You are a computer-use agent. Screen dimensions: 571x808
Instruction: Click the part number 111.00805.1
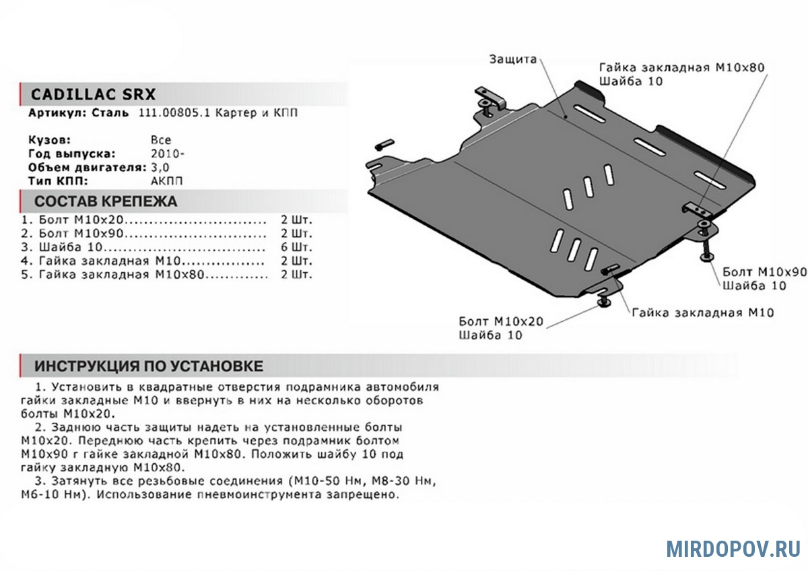pyautogui.click(x=174, y=113)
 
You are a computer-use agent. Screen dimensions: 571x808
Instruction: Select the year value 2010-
pyautogui.click(x=165, y=153)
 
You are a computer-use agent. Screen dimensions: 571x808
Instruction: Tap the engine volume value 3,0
pyautogui.click(x=161, y=166)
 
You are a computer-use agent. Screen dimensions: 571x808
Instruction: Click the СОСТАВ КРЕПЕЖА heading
pyautogui.click(x=106, y=201)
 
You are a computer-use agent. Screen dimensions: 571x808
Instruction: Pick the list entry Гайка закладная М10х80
pyautogui.click(x=121, y=274)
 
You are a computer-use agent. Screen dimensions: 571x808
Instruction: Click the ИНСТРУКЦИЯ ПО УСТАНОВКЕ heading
pyautogui.click(x=149, y=366)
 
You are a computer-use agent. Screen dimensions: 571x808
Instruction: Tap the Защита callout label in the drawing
pyautogui.click(x=513, y=59)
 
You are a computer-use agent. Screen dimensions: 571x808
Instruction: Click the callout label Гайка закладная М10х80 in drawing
pyautogui.click(x=682, y=68)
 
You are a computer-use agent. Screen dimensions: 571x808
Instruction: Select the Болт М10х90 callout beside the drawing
pyautogui.click(x=764, y=272)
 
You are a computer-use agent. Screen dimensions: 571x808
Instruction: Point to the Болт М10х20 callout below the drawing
pyautogui.click(x=501, y=321)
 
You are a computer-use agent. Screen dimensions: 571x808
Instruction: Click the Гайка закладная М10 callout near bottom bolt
pyautogui.click(x=703, y=312)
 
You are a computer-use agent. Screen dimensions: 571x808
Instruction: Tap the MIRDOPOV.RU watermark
pyautogui.click(x=733, y=549)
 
